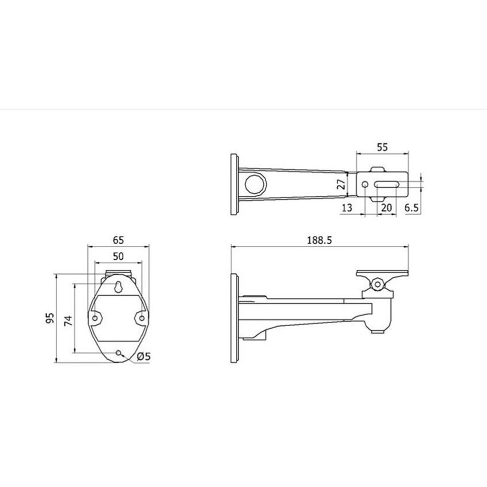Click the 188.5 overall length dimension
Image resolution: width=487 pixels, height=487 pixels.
[320, 240]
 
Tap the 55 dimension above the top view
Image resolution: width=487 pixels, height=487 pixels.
[382, 147]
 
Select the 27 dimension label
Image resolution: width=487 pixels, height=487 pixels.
[341, 185]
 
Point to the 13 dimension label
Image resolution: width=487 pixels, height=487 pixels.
[347, 207]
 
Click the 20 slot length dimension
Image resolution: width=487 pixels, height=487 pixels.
[387, 207]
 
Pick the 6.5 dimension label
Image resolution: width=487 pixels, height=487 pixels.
[411, 207]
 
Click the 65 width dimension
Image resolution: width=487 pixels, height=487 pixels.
[118, 240]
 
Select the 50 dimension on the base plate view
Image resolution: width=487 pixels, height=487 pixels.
[118, 256]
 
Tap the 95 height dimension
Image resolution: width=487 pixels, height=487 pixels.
[50, 318]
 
